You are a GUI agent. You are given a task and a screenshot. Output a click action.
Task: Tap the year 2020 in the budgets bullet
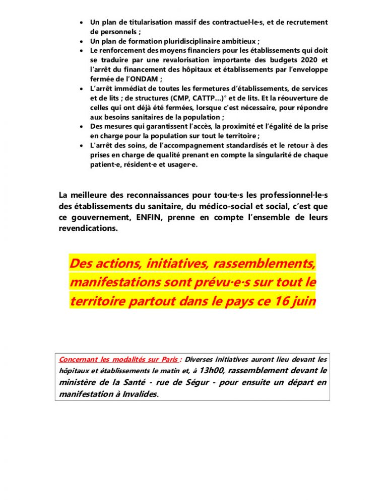click(x=311, y=60)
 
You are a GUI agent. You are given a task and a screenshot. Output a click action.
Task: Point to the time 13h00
click(x=209, y=371)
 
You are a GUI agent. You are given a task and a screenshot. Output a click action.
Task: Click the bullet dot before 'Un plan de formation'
click(x=83, y=42)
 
